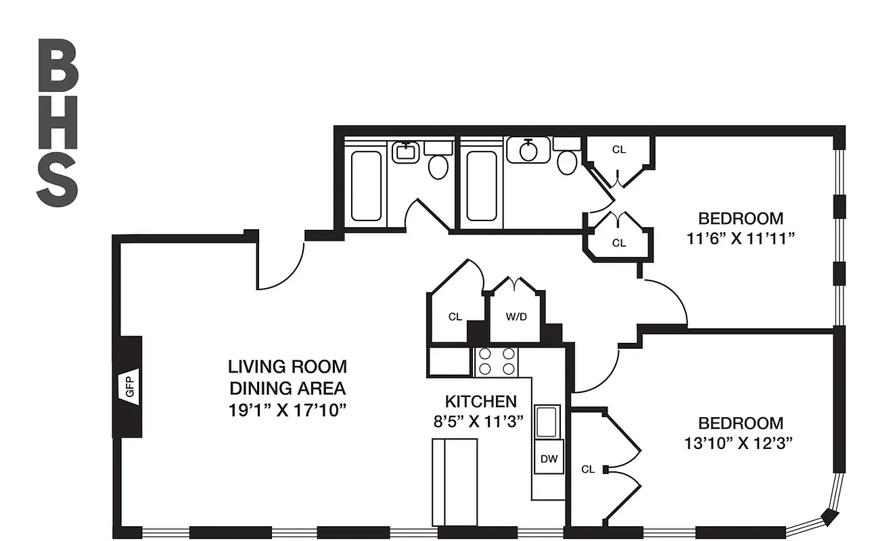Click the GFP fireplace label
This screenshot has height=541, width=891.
tap(131, 387)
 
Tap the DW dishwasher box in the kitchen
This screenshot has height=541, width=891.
tap(549, 459)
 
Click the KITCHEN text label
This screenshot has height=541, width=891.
tap(480, 401)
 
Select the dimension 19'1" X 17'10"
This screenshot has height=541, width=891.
tap(288, 410)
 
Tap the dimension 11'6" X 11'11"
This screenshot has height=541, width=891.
tap(741, 239)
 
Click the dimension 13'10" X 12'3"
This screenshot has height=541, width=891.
tap(741, 444)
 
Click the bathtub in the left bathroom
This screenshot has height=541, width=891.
tap(366, 185)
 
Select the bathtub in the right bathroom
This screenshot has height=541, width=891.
tap(481, 185)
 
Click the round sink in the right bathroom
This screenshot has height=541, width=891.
tap(528, 150)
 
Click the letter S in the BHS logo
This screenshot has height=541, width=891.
tap(58, 181)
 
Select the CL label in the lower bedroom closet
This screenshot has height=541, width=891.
tap(588, 469)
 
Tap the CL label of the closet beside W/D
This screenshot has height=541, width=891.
tap(455, 316)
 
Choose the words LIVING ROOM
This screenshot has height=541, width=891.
tap(288, 367)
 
